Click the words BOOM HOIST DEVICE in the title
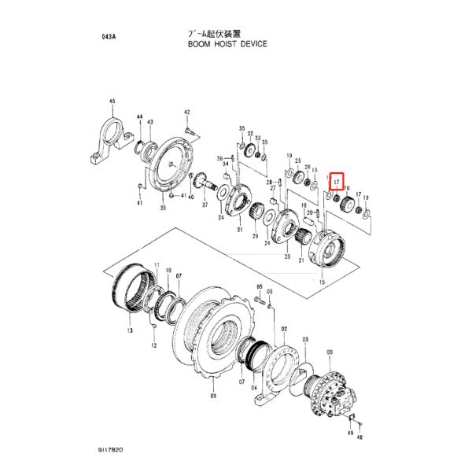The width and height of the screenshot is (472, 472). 227,45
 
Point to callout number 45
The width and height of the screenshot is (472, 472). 112,101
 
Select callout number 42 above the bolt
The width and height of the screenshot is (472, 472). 187,112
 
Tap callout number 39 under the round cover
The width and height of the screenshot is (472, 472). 163,208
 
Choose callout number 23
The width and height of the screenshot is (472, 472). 286,256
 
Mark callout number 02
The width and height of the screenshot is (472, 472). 284,328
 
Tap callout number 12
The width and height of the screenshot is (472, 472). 154,345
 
